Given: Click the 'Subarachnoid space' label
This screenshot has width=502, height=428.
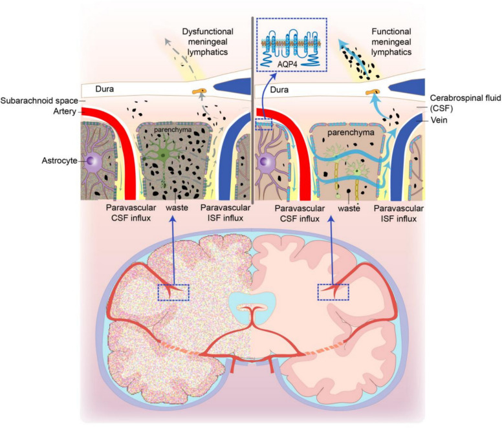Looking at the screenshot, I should (39, 100).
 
